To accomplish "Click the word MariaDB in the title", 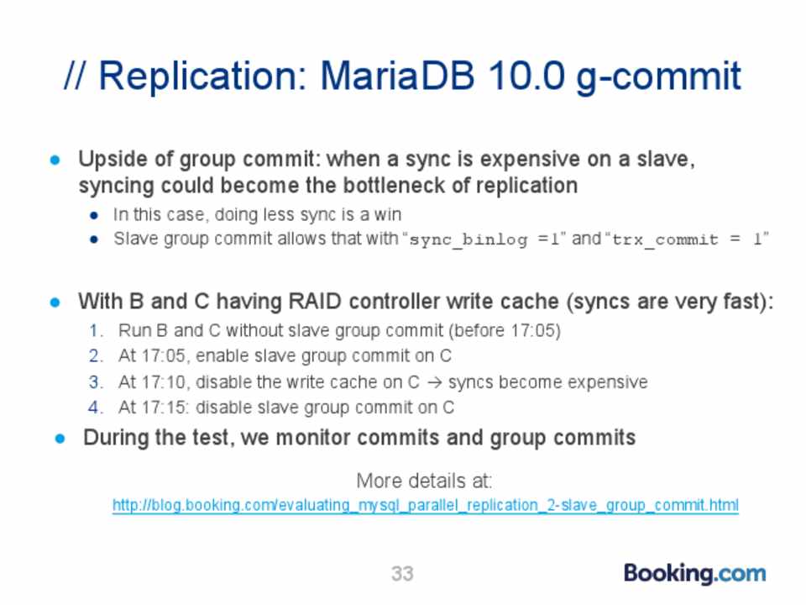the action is (397, 76).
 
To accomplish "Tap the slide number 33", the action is (402, 573).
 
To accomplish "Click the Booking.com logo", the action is (694, 574).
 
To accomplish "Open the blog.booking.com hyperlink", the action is (425, 505).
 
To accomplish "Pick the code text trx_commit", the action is (665, 239).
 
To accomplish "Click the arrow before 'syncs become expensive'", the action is (434, 383).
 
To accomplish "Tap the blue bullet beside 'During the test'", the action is (60, 439).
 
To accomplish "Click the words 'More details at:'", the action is (424, 481).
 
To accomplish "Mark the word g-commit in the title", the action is (658, 77).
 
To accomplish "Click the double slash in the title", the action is (75, 76).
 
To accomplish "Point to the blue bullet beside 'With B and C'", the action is (55, 302).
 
